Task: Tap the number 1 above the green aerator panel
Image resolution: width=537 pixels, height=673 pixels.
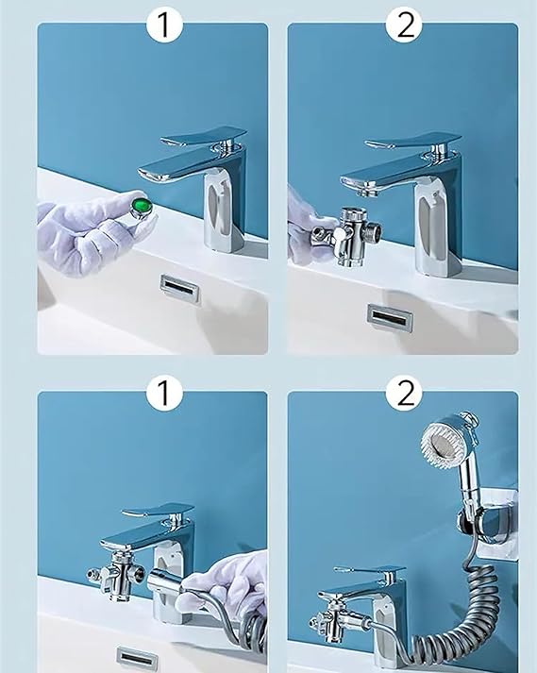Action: (163, 25)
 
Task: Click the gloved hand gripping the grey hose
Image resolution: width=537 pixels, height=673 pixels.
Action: (231, 585)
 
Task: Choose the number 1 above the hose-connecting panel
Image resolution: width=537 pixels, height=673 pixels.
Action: (163, 393)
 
